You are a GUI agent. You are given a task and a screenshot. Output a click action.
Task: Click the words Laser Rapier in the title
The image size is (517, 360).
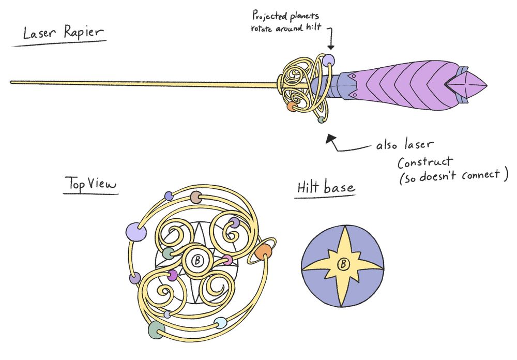click(63, 34)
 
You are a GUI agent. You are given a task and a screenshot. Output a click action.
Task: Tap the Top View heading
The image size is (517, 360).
click(91, 184)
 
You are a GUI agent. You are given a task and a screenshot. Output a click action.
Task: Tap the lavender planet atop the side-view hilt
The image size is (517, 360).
click(329, 60)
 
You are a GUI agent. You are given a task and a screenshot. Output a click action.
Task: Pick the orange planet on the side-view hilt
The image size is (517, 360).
click(291, 107)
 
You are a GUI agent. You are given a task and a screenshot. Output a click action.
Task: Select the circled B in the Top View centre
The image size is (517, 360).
click(196, 261)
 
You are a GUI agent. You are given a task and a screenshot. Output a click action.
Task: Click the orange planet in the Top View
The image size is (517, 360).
click(263, 252)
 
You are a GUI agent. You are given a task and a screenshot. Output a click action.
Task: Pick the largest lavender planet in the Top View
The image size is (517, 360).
click(135, 231)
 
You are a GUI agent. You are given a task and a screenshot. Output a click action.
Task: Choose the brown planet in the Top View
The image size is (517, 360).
click(195, 197)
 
